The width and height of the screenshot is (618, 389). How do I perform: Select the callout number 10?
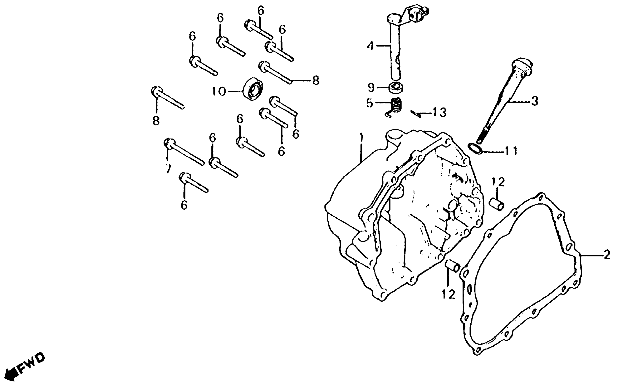(219, 91)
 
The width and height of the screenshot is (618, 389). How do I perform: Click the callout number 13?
(440, 112)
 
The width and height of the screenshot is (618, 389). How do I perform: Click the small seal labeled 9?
(396, 87)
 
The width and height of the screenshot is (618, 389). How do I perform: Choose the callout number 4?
(370, 46)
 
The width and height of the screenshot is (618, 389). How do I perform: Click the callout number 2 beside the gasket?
(607, 255)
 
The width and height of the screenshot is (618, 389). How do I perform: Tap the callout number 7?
(168, 169)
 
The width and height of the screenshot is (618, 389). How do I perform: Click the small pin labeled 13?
(416, 113)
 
